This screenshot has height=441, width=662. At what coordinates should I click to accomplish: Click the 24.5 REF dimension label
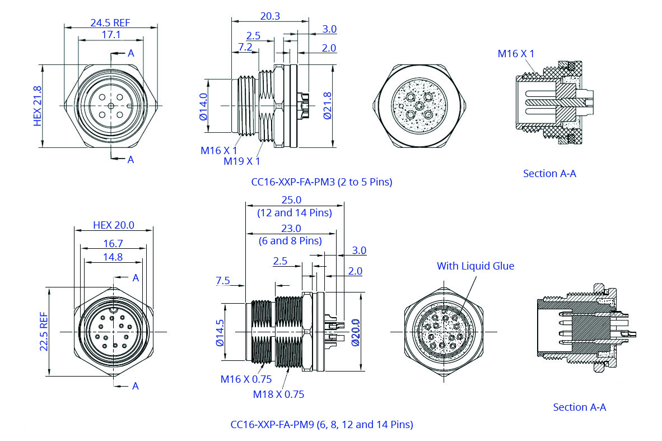[110, 22]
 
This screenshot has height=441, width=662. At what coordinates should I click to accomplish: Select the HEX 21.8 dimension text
[38, 106]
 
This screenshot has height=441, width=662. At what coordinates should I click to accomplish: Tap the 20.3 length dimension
[270, 16]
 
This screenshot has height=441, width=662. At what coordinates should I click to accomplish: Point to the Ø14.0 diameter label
[203, 106]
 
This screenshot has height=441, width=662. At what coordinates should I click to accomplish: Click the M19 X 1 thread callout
[242, 161]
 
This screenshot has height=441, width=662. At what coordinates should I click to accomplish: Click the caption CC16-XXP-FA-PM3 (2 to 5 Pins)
[321, 182]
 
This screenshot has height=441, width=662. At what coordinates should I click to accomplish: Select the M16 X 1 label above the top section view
[516, 54]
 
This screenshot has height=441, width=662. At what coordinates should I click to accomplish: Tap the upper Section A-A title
[549, 174]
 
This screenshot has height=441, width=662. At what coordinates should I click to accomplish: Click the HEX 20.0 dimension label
[113, 225]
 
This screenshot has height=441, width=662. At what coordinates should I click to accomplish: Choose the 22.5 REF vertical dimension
[44, 331]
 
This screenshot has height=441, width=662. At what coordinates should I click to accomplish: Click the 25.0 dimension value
[291, 200]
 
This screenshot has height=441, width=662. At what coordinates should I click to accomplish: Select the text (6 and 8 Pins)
[291, 241]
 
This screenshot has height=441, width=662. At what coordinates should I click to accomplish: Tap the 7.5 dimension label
[222, 281]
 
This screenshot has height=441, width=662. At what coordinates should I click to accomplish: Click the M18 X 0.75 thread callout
[278, 394]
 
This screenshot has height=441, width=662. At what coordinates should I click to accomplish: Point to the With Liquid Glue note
[475, 266]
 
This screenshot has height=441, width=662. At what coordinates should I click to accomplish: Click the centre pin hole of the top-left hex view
[111, 105]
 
